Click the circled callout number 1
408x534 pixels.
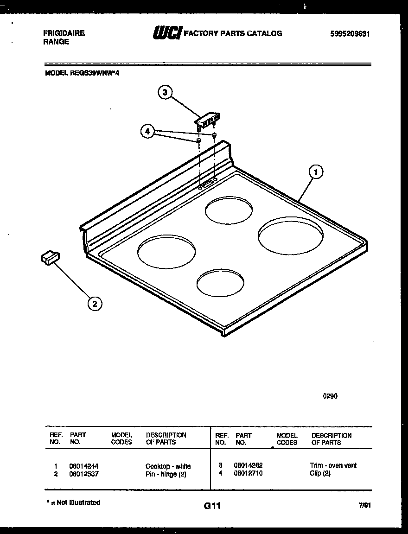point(316,172)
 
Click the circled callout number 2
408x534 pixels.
point(95,304)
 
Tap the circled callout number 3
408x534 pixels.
point(164,93)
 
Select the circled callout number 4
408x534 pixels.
point(147,132)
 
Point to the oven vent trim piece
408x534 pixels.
point(207,119)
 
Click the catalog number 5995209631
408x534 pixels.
point(350,34)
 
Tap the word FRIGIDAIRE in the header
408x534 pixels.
point(64,33)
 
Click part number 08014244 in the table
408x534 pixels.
point(83,466)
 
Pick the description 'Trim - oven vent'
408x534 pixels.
point(333,465)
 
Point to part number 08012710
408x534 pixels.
point(249,473)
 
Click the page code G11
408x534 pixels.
point(212,506)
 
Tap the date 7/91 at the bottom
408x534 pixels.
point(365,506)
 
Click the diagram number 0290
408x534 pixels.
point(330,396)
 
